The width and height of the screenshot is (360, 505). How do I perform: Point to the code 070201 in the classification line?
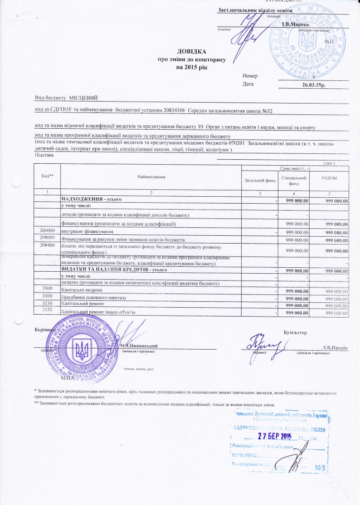[x=234, y=143]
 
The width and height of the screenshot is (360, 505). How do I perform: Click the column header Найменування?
[x=151, y=176]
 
